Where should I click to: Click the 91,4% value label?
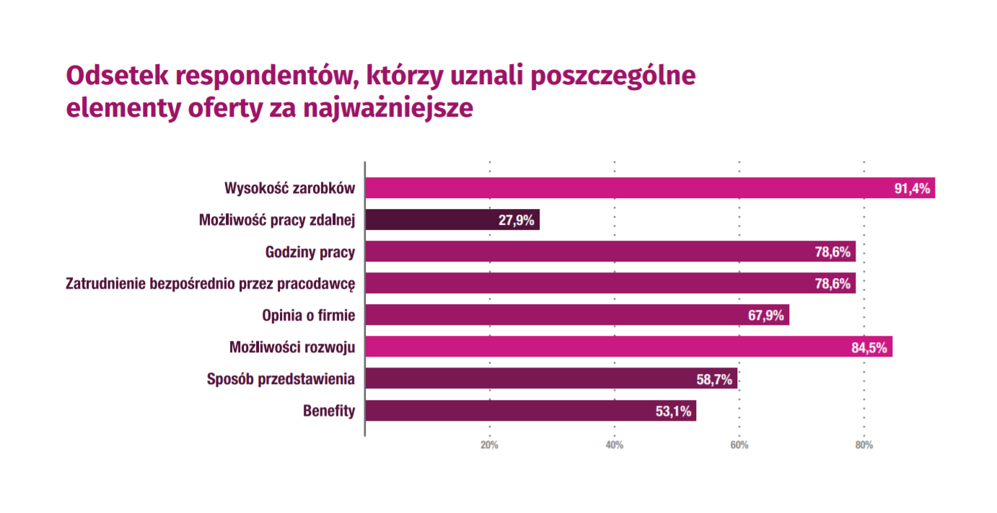click(x=913, y=189)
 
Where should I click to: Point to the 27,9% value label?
click(x=517, y=220)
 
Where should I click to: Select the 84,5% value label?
click(x=870, y=347)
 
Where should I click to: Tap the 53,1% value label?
click(x=674, y=411)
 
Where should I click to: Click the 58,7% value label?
click(x=715, y=379)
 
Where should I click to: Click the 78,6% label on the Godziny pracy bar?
click(x=833, y=252)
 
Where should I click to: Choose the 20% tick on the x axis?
click(x=489, y=445)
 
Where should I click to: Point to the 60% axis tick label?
click(x=739, y=445)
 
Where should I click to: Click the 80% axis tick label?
click(x=864, y=445)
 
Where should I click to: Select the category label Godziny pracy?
click(x=310, y=252)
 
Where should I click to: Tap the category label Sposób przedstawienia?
click(x=281, y=379)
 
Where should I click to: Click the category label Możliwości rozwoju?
click(x=292, y=347)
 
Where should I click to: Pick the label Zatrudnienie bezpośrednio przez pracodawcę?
click(x=211, y=284)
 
